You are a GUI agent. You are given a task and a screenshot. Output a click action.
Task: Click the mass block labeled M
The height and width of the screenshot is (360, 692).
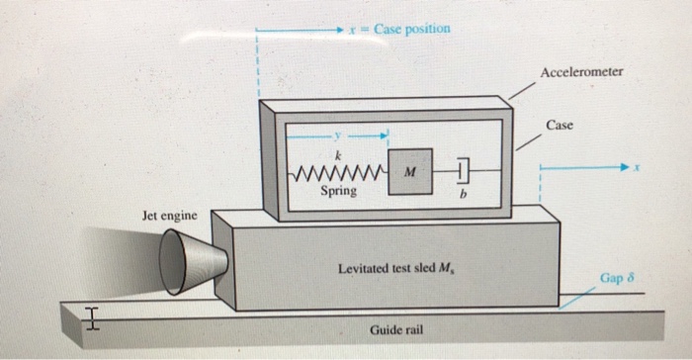[x=409, y=170]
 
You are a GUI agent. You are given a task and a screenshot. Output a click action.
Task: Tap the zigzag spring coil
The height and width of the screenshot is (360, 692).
[x=336, y=172]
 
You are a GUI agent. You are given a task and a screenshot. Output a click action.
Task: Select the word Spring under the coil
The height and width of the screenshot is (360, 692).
[x=339, y=191]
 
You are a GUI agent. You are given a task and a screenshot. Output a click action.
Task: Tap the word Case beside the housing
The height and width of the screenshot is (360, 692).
[x=560, y=126]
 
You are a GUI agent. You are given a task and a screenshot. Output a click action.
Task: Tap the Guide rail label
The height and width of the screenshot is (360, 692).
[x=397, y=327]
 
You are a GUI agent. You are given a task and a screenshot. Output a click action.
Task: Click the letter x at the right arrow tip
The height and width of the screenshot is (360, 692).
[x=640, y=168]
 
